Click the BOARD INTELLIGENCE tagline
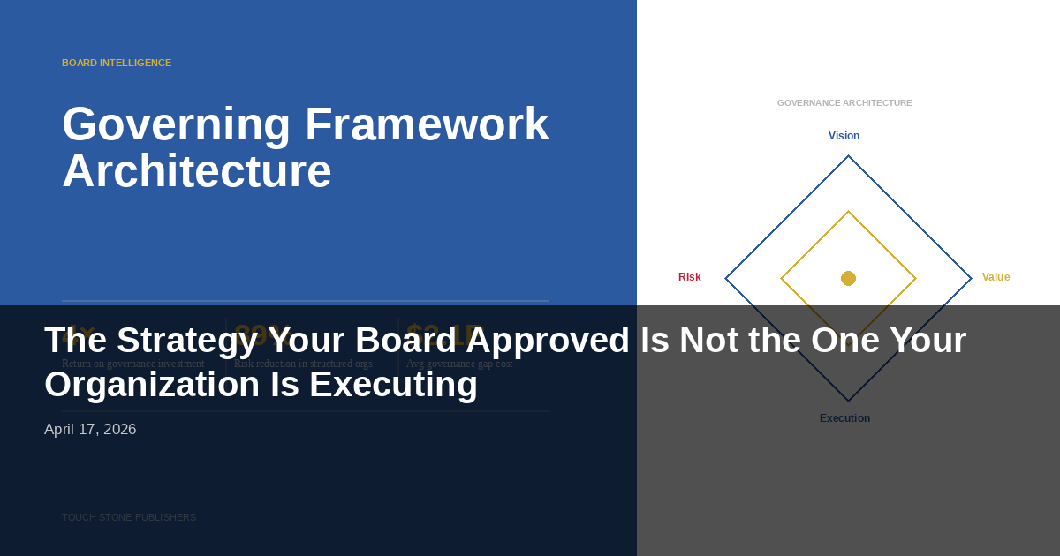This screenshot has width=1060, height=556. click(117, 63)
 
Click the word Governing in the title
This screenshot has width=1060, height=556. click(176, 124)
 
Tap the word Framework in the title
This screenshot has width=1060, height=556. click(427, 124)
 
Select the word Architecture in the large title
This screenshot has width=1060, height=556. click(196, 171)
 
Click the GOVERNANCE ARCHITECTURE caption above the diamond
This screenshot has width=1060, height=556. click(844, 103)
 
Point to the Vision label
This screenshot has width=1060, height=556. click(844, 136)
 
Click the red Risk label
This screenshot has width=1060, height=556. click(689, 277)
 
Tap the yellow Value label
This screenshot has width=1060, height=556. click(996, 277)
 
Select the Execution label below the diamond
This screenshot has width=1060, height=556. click(844, 418)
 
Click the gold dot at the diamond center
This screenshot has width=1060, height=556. click(848, 278)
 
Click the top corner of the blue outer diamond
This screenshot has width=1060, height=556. click(848, 157)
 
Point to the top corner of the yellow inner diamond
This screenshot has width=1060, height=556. click(848, 213)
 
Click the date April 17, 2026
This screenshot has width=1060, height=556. click(90, 430)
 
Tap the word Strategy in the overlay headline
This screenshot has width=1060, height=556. click(170, 341)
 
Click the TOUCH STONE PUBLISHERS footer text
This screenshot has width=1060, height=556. click(129, 517)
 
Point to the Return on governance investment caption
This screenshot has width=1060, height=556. click(132, 364)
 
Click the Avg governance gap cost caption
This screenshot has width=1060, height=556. click(458, 364)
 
